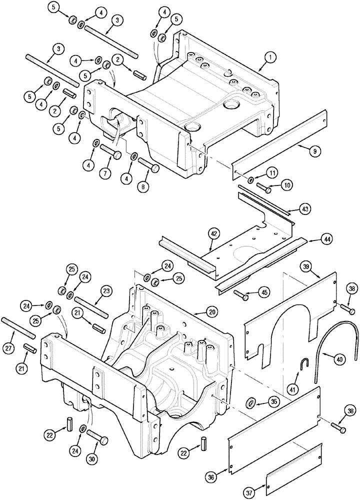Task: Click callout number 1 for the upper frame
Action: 268,58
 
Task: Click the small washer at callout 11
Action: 249,179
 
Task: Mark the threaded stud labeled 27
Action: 19,327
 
